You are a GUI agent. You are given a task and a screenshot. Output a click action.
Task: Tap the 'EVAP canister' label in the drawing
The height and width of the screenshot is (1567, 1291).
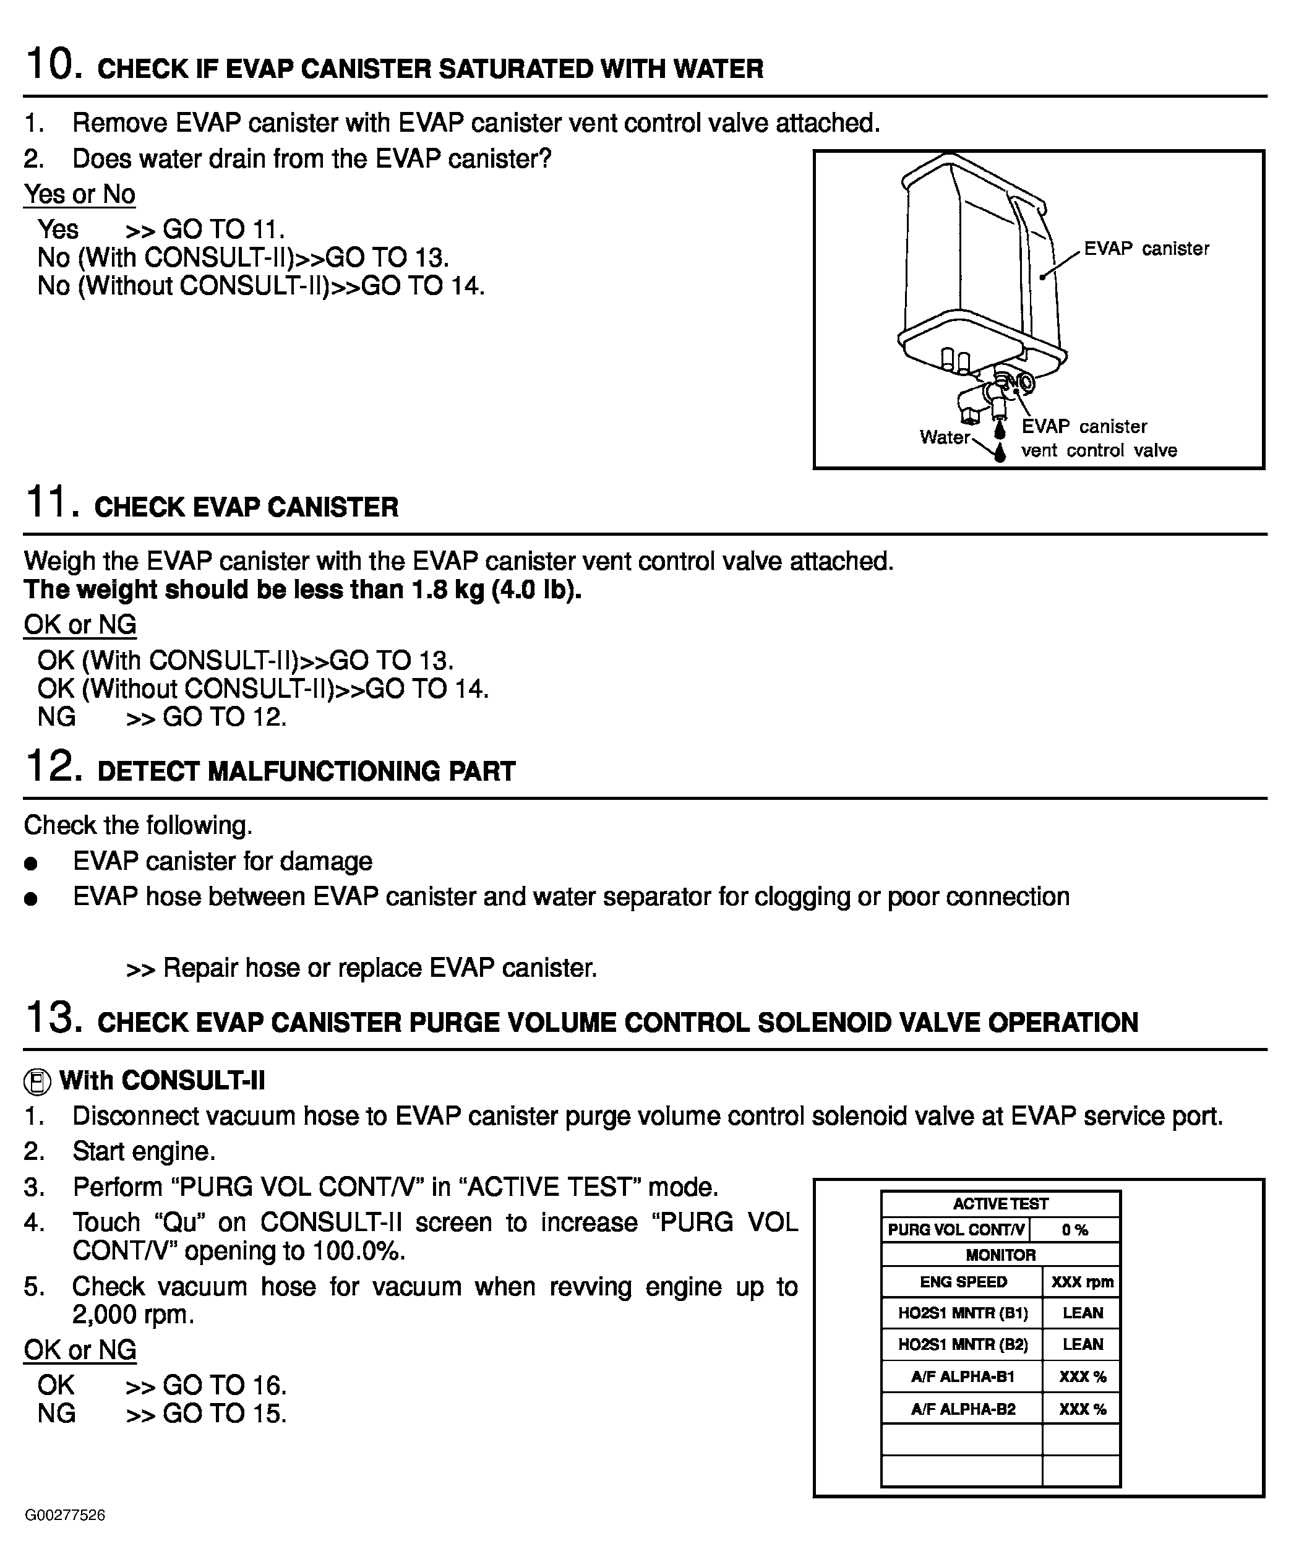point(1146,249)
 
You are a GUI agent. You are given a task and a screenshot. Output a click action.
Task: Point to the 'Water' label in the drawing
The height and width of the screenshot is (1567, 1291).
point(945,437)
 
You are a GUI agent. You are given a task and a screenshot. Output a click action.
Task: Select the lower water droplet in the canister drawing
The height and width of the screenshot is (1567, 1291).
point(1000,451)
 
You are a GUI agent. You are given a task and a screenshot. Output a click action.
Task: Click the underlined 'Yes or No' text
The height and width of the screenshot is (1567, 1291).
point(80,194)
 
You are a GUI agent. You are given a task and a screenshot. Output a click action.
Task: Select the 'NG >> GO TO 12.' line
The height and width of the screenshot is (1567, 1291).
point(162,717)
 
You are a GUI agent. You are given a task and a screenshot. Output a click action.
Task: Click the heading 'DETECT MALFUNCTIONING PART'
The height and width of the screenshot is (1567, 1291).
point(306,771)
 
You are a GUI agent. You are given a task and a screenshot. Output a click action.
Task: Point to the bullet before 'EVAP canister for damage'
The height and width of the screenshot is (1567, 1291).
point(30,864)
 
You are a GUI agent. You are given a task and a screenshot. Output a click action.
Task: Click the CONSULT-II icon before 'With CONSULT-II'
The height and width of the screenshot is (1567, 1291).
point(37,1082)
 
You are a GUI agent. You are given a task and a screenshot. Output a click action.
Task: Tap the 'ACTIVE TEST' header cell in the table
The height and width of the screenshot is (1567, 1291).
point(1000,1204)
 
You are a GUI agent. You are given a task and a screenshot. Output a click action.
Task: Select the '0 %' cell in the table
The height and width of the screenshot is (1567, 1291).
point(1074,1230)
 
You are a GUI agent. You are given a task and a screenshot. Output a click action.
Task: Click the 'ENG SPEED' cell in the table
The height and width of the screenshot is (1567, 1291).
point(963,1281)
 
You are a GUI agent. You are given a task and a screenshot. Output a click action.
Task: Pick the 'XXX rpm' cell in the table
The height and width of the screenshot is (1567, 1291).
point(1082,1281)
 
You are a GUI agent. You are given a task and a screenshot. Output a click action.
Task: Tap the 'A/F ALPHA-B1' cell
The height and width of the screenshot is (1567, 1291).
point(963,1376)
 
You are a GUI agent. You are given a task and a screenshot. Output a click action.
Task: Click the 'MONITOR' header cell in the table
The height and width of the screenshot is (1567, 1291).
point(1000,1255)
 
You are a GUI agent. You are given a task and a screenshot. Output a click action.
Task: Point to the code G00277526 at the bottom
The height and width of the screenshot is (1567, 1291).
point(66,1515)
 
